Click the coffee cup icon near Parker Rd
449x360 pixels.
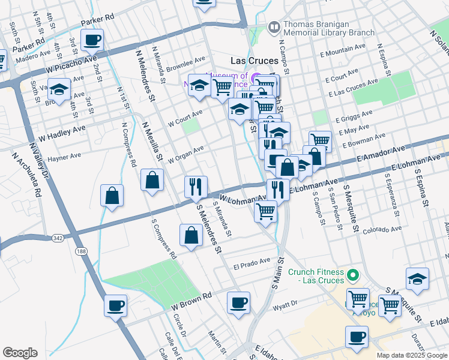92,41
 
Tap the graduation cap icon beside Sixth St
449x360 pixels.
59,90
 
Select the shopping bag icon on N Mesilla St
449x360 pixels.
152,179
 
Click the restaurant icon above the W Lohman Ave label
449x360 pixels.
196,187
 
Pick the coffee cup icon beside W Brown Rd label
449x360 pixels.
115,305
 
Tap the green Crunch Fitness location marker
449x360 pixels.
354,276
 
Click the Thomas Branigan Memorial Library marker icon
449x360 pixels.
274,26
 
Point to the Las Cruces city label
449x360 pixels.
255,61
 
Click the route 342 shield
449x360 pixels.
57,238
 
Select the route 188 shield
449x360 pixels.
81,251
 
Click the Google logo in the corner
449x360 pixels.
20,352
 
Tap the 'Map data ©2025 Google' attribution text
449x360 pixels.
411,355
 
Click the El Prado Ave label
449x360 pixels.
252,262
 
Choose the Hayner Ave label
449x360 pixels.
64,156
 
